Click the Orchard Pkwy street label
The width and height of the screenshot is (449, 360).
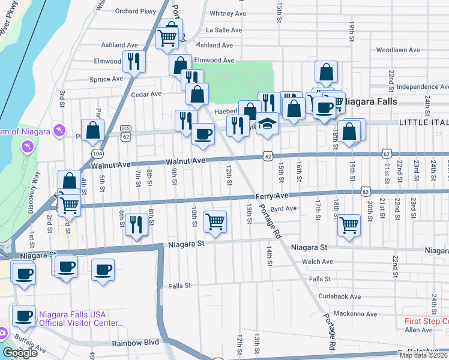(x=130, y=10)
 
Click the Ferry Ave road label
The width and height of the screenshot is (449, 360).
(x=272, y=196)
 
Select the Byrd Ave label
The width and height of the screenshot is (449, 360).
(x=283, y=209)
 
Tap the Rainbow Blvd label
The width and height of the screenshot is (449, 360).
(x=134, y=344)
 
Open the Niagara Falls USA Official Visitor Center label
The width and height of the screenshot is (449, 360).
(x=80, y=318)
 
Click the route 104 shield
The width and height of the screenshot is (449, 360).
(x=97, y=154)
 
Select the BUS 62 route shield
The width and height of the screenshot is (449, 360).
(x=125, y=132)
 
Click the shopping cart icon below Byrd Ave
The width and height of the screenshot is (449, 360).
(x=349, y=226)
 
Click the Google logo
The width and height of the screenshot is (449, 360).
(x=20, y=353)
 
